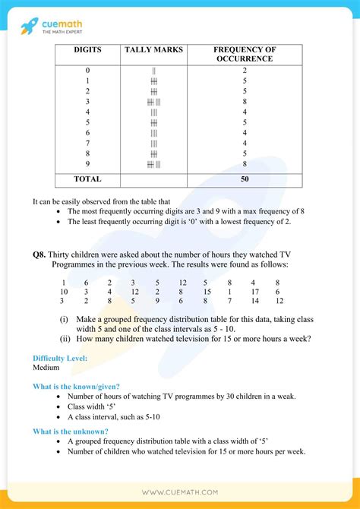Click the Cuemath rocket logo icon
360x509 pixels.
[30, 25]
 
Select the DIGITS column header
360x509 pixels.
[87, 50]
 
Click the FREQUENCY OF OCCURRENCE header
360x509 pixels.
[244, 54]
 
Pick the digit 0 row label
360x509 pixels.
[87, 71]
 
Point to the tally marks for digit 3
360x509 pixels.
[153, 101]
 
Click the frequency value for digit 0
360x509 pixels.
[244, 71]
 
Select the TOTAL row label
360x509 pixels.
[87, 179]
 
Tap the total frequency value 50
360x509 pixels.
[244, 179]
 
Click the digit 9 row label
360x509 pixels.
[87, 163]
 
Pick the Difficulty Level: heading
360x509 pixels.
[60, 358]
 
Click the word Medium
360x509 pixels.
[46, 367]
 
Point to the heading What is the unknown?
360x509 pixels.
[70, 432]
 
